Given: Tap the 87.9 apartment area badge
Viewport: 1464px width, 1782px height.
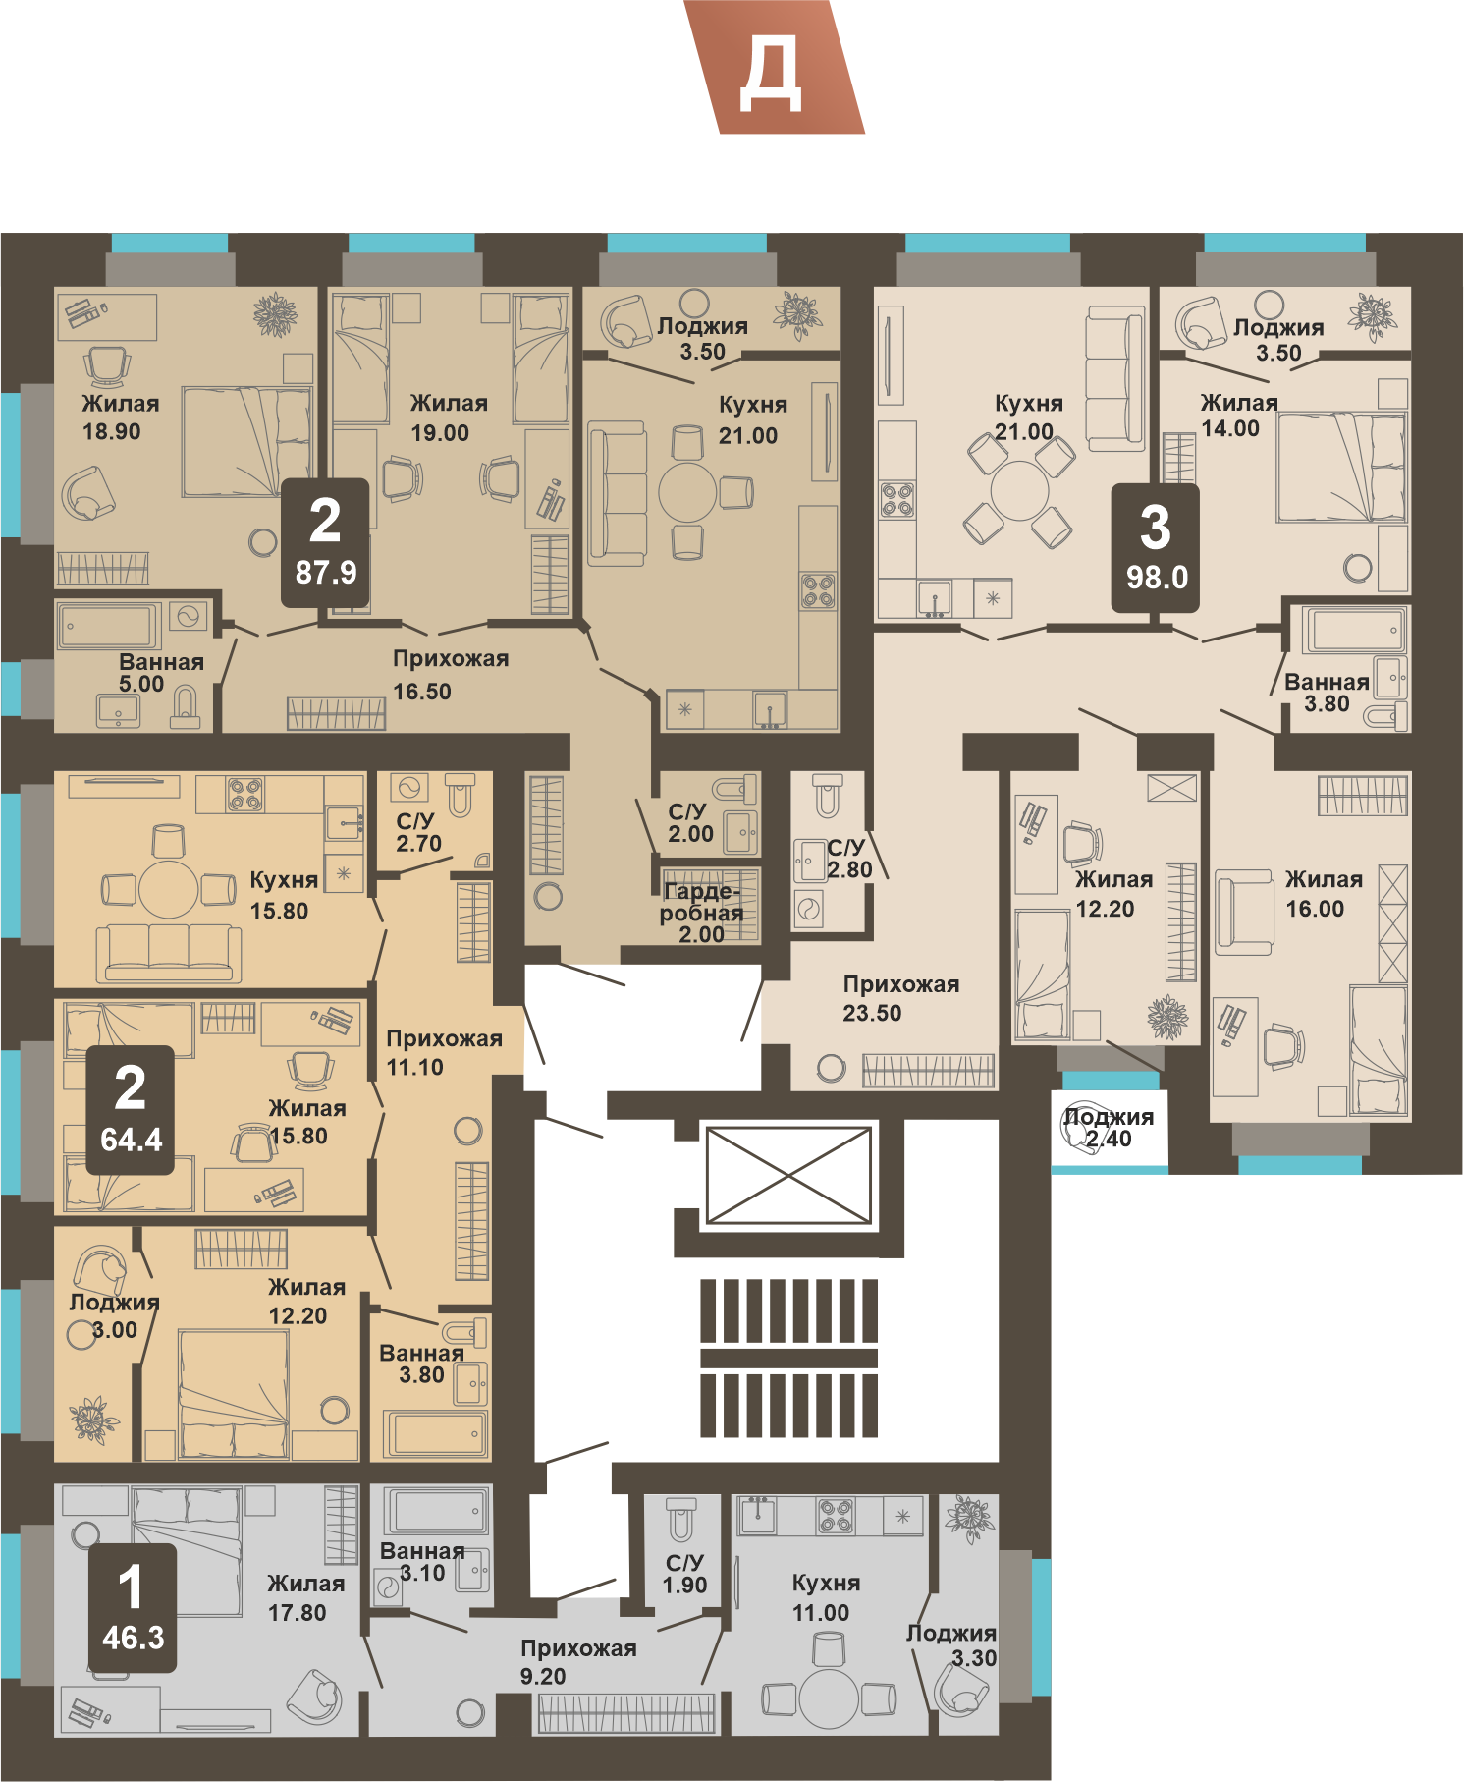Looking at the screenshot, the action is tap(325, 543).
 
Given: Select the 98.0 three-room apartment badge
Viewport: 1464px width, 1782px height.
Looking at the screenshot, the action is tap(1156, 548).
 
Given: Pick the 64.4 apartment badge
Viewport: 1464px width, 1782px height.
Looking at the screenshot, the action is tap(131, 1110).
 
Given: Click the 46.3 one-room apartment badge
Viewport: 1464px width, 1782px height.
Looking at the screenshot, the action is tap(133, 1608).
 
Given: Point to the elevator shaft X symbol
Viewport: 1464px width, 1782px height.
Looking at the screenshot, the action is tap(788, 1176).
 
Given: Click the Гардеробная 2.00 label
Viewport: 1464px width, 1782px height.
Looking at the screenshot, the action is tap(701, 913).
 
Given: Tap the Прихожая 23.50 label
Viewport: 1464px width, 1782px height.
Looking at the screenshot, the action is tap(900, 998).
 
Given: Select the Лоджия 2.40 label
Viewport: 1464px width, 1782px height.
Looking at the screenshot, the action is tap(1109, 1128).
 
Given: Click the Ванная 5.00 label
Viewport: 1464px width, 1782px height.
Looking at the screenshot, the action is tap(161, 673).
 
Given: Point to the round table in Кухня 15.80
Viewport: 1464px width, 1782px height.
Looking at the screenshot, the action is tap(169, 890).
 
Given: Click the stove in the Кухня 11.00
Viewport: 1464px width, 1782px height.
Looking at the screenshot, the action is tap(837, 1516).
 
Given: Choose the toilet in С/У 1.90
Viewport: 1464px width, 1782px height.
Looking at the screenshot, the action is tap(680, 1519).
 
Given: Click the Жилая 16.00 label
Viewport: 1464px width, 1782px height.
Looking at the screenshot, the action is tap(1324, 894).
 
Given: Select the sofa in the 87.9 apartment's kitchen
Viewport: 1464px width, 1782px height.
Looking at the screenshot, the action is tap(617, 494).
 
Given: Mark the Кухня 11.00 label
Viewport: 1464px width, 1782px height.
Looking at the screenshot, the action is tap(825, 1597).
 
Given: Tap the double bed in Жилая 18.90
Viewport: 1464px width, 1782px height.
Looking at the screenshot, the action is tap(245, 441).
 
